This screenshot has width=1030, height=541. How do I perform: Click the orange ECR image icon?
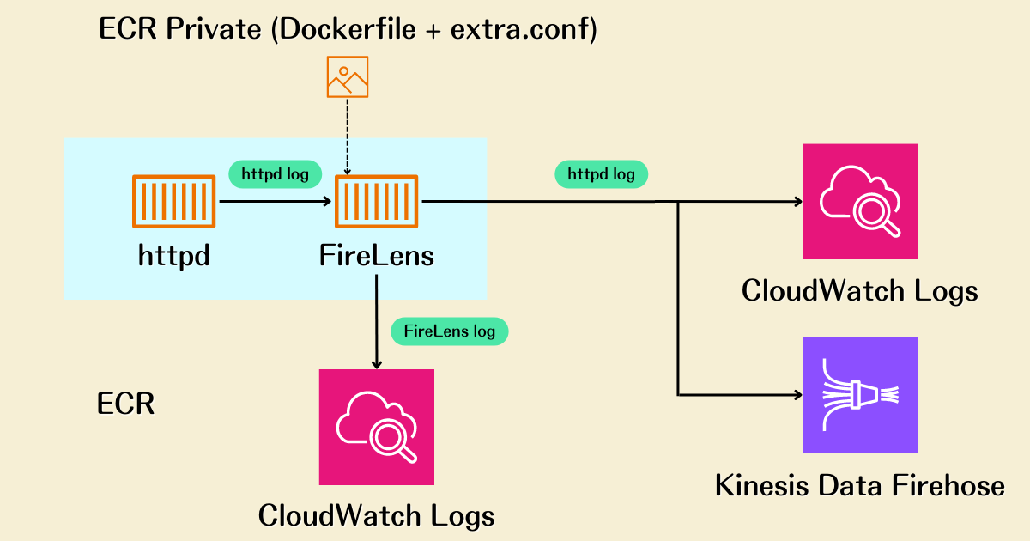pos(348,77)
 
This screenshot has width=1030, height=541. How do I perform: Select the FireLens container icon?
pos(376,202)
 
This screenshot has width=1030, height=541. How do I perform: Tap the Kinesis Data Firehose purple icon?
pos(859,394)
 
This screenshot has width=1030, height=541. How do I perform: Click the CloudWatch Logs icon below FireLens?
pos(376,427)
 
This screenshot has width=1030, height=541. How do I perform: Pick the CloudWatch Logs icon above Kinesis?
pos(859,202)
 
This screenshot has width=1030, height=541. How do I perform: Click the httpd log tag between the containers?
pos(275,174)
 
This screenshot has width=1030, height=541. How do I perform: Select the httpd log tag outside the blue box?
pos(601,174)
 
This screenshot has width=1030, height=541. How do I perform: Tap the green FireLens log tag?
pos(449,331)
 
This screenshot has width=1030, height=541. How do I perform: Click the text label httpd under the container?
pos(173,255)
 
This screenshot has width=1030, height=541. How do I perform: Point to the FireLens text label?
pos(376,255)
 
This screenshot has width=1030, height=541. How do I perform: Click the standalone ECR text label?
pos(125,404)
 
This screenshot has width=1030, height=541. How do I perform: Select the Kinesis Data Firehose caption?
pos(859,486)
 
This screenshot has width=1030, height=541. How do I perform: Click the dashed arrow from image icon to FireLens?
pos(348,137)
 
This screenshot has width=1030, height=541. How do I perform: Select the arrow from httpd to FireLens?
pos(275,202)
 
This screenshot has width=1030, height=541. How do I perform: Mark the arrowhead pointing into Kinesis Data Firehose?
pos(797,395)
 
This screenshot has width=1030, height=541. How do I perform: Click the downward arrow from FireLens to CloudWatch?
pos(376,326)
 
